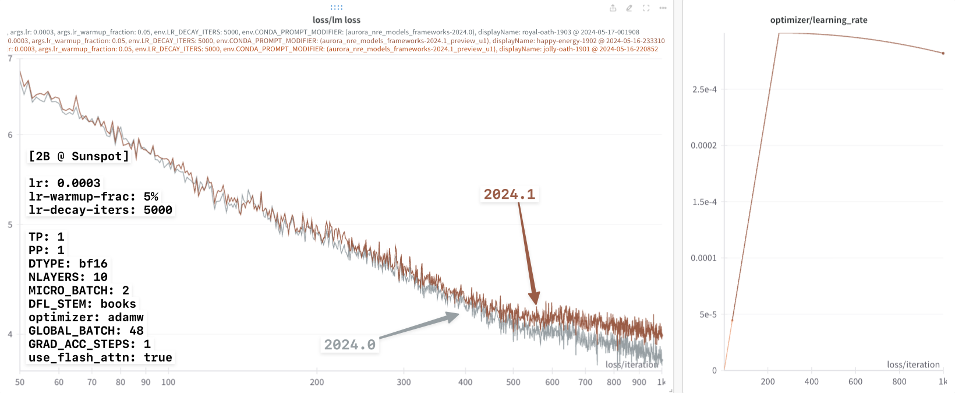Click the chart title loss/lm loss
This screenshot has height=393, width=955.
click(x=336, y=20)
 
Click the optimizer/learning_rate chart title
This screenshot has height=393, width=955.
click(x=818, y=20)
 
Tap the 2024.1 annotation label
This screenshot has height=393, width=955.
click(x=509, y=194)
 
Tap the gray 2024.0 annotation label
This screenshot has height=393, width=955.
click(x=349, y=345)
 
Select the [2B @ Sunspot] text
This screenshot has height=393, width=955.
click(x=79, y=156)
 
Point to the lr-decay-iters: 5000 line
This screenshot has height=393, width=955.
click(x=100, y=210)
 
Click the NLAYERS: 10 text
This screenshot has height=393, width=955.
click(x=68, y=277)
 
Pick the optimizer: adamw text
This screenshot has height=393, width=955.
click(x=86, y=317)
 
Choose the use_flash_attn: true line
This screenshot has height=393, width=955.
click(x=100, y=357)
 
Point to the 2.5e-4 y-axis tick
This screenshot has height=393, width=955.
click(x=704, y=89)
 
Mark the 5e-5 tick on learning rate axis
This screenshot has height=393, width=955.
click(x=708, y=314)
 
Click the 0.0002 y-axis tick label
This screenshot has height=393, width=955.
click(x=703, y=145)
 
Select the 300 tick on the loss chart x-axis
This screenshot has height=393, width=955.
click(x=404, y=382)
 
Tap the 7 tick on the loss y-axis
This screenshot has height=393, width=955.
click(x=10, y=59)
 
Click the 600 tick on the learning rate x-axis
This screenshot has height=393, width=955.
click(x=855, y=381)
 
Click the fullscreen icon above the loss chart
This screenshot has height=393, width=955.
click(x=646, y=8)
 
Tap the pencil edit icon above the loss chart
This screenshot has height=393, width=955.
click(x=629, y=8)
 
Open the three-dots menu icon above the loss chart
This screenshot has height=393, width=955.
click(x=663, y=8)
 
